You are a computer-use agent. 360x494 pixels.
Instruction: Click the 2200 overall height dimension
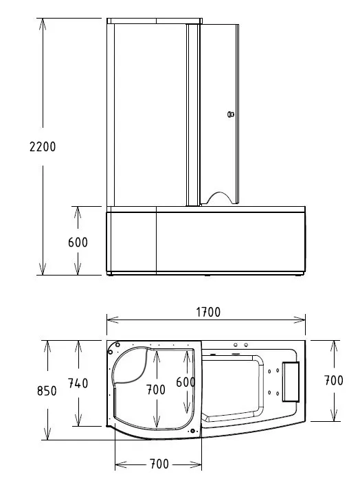click(x=43, y=147)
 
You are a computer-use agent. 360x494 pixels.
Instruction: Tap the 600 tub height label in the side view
click(x=78, y=243)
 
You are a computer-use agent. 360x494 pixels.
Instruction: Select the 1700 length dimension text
click(x=208, y=312)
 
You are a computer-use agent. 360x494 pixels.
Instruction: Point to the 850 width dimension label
click(x=47, y=391)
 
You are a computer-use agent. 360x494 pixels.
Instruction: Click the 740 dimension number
click(x=78, y=383)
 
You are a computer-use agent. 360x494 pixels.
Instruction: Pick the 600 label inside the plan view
click(x=185, y=382)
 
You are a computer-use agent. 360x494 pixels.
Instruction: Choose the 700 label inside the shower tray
click(x=155, y=390)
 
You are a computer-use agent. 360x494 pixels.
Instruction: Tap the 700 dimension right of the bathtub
click(x=333, y=381)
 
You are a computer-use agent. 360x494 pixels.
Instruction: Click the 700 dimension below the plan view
click(x=159, y=464)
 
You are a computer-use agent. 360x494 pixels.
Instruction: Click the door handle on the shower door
click(x=231, y=114)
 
